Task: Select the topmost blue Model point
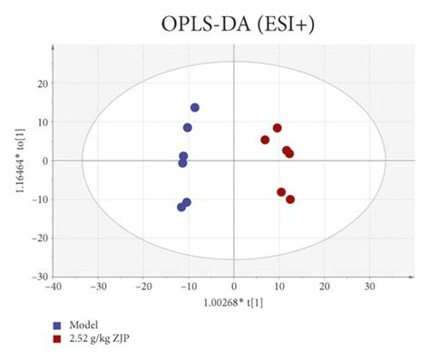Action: pos(194,108)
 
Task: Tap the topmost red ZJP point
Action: pos(278,128)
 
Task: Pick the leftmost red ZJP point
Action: pos(265,141)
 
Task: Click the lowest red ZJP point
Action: pos(290,199)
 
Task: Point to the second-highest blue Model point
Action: pos(188,128)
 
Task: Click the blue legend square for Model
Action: pos(57,325)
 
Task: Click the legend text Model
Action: pos(84,325)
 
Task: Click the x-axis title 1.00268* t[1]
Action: pos(233,301)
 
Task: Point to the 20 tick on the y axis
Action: pos(42,83)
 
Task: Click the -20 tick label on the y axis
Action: pos(39,238)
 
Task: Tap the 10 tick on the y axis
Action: pos(42,122)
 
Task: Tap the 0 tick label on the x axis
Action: pos(234,286)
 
